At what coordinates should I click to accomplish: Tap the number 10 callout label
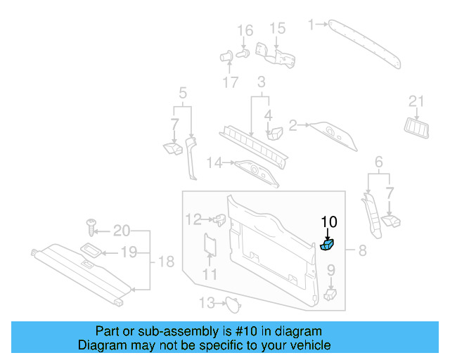[x=329, y=222]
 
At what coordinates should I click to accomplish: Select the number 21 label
[x=416, y=103]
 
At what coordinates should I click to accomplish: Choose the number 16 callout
[x=245, y=30]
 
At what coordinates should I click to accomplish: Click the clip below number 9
[x=331, y=293]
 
